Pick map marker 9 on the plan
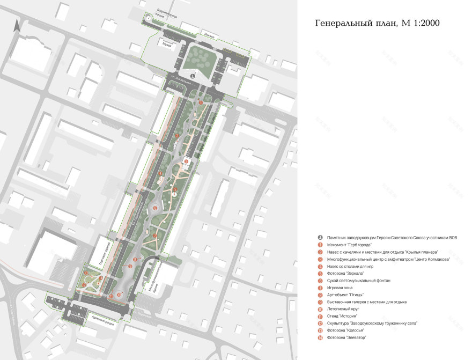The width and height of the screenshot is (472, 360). tap(130, 266)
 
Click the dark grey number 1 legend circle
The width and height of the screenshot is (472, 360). tap(320, 237)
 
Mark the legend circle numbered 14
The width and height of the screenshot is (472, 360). tap(320, 337)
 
